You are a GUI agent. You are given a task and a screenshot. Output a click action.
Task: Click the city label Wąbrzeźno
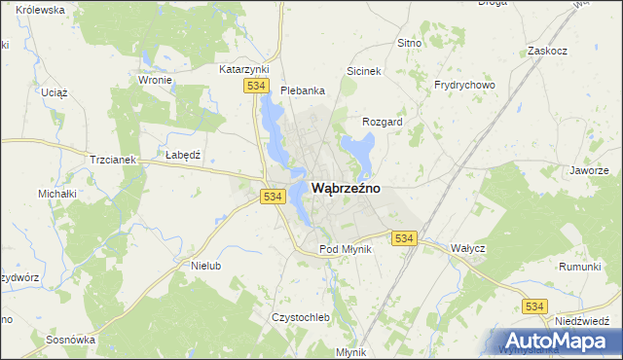coord(346,188)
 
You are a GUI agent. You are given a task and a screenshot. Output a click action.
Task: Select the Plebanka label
coord(302,90)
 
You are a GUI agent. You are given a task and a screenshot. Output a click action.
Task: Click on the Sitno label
coord(409,44)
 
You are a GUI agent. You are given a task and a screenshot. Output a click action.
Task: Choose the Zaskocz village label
coord(546,50)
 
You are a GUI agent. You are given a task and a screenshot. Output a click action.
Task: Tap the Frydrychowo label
coord(464,86)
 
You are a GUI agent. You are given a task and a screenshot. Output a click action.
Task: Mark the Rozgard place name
coord(383,123)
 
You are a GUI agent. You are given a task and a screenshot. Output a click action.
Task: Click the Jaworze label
coord(589,170)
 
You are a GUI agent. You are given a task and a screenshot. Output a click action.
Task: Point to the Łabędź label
coord(183,156)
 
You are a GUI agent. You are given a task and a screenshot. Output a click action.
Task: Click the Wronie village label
coord(156,81)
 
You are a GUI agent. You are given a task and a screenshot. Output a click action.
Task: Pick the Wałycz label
coord(468,248)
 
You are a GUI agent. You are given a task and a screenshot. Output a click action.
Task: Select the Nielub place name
coord(207,266)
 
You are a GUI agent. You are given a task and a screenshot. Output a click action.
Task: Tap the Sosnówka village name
coord(70,341)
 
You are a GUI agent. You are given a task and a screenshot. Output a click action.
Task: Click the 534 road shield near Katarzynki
coord(255,87)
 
